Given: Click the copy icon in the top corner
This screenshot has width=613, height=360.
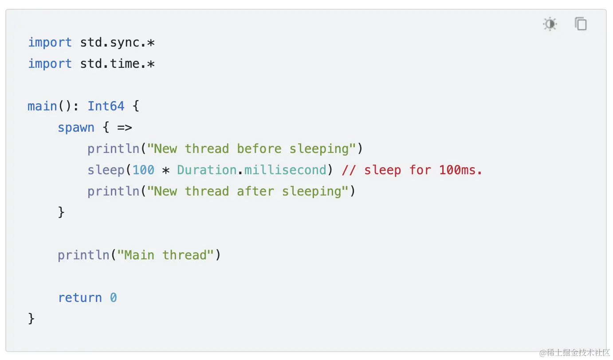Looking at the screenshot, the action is (x=580, y=24).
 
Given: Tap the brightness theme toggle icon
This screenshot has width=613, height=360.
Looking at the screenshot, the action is (x=550, y=24).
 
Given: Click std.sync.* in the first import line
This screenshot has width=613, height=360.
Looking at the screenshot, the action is (x=117, y=43).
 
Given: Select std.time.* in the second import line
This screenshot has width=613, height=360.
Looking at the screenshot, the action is (x=117, y=64).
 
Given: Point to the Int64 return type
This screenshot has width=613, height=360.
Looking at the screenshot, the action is (x=106, y=106).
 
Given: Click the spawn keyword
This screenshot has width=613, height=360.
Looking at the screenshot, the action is (x=76, y=128).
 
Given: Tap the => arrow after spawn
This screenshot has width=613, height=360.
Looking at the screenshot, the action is (x=125, y=128).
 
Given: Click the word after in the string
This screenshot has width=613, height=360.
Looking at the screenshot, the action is (x=255, y=192).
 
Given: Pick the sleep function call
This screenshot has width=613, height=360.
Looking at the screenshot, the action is (x=106, y=170).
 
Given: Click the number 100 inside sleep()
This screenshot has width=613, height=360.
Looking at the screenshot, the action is (x=143, y=170).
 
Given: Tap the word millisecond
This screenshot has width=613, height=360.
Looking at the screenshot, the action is (x=285, y=170).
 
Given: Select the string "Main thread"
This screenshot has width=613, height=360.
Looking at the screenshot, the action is (x=166, y=255).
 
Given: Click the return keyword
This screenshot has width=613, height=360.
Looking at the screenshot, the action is (x=80, y=298).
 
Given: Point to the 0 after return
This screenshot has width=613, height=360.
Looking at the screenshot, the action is (x=114, y=298).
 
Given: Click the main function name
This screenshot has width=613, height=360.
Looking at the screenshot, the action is (x=42, y=106).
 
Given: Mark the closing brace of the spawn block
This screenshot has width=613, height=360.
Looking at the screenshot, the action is (x=61, y=213).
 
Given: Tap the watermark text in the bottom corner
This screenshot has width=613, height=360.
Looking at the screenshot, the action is (x=575, y=353).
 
